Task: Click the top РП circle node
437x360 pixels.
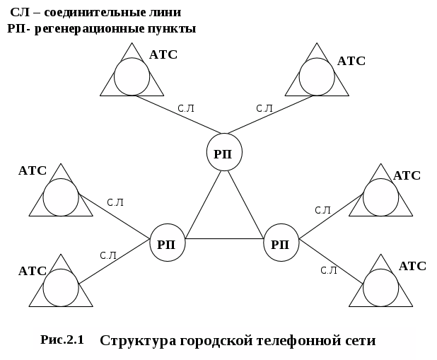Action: pyautogui.click(x=225, y=153)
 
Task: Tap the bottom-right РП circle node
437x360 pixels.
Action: pyautogui.click(x=281, y=245)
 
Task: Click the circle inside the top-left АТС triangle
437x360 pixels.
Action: pyautogui.click(x=132, y=76)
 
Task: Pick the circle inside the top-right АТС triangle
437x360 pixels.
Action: pyautogui.click(x=316, y=76)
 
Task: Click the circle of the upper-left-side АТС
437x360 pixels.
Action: pyautogui.click(x=60, y=198)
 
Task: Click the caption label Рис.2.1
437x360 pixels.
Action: pyautogui.click(x=62, y=339)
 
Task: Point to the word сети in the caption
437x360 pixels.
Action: pyautogui.click(x=357, y=340)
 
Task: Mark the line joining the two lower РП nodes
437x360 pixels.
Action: pyautogui.click(x=224, y=239)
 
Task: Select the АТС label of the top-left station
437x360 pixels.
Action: pyautogui.click(x=163, y=54)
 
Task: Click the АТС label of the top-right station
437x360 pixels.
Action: pyautogui.click(x=351, y=61)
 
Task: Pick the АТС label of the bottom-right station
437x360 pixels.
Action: pyautogui.click(x=412, y=266)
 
